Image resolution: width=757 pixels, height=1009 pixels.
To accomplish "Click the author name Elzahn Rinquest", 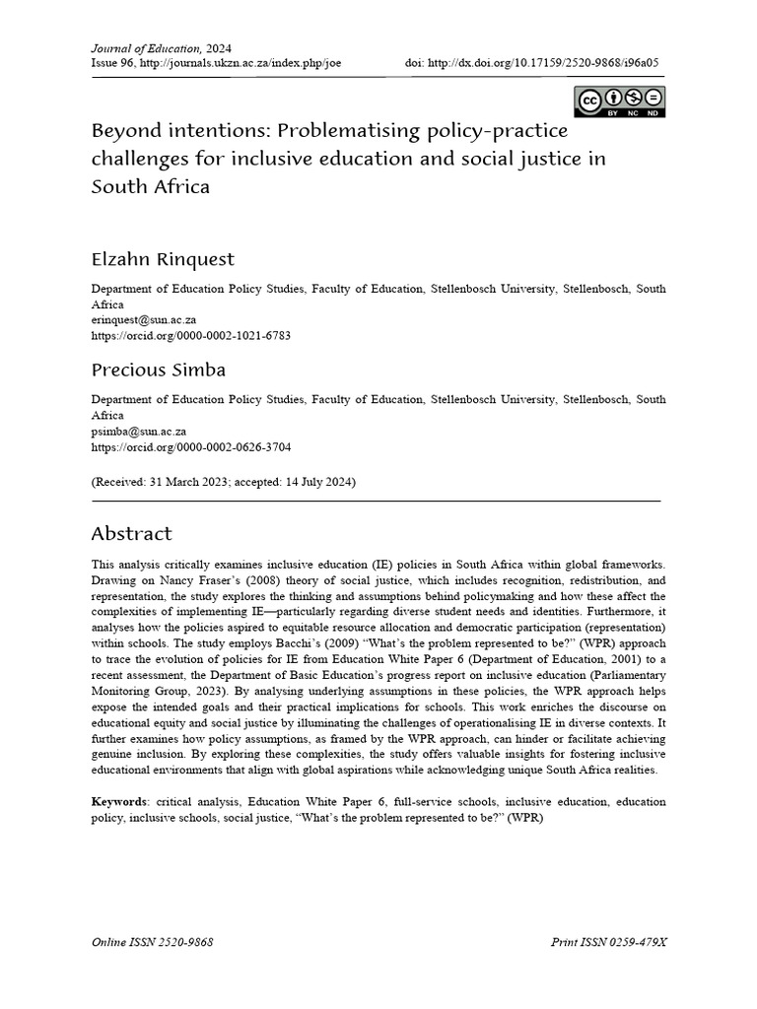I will point(163,260).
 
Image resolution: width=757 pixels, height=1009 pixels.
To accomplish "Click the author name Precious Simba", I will point(158,370).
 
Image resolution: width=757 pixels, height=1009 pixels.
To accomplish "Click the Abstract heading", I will point(131,534).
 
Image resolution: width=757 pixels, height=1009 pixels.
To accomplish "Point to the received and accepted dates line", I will point(224,483).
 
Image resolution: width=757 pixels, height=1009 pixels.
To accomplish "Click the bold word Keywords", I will point(117,802).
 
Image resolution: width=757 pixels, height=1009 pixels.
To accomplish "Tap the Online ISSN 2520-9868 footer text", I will point(153,943).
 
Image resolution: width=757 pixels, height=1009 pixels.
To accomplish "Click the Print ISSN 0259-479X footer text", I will point(609,943).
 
